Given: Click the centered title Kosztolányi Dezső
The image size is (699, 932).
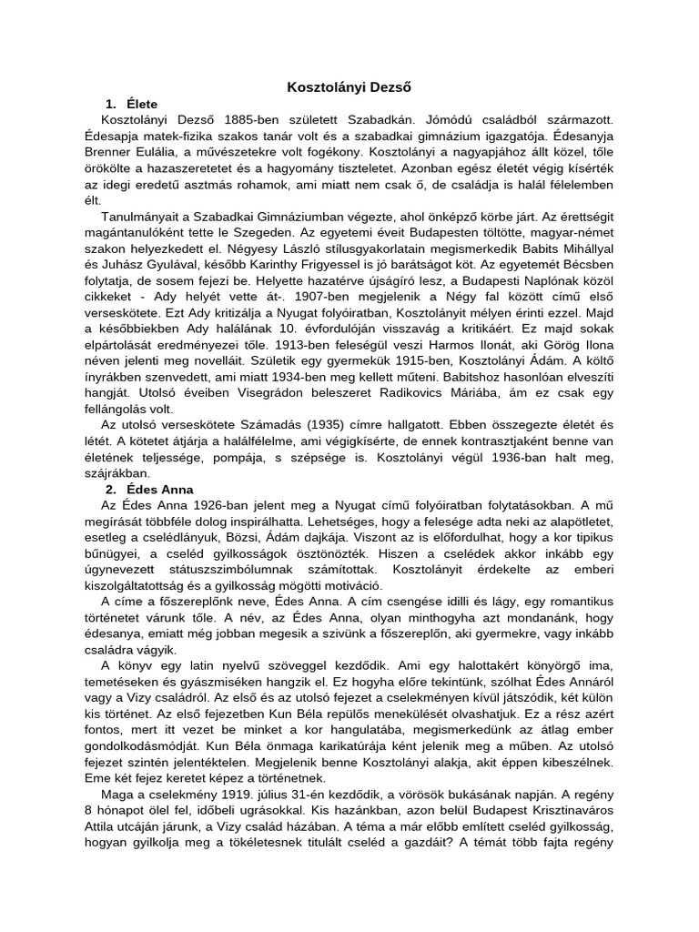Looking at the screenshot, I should pyautogui.click(x=349, y=87).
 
